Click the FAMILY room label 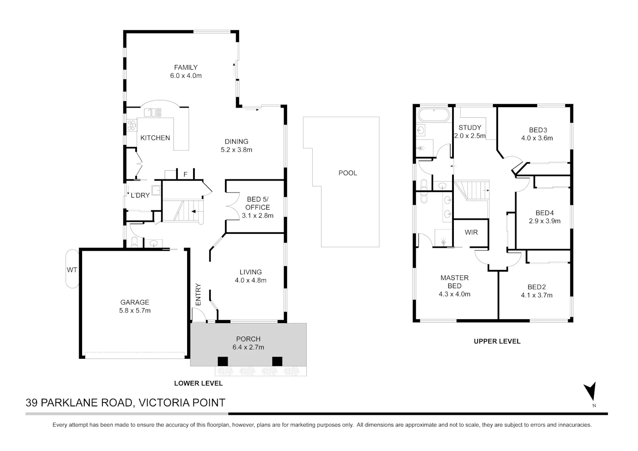click(186, 68)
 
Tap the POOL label click(348, 173)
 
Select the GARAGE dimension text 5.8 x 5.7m click(135, 310)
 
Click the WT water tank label click(72, 269)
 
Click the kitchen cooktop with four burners click(131, 125)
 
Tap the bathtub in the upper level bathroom click(433, 115)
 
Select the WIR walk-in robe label click(471, 232)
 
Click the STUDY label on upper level click(470, 127)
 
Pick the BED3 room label click(538, 130)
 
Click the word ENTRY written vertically click(198, 295)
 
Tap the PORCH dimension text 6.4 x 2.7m click(248, 347)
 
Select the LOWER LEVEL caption click(199, 383)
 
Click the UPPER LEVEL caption click(497, 341)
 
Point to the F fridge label click(185, 174)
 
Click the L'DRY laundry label click(140, 195)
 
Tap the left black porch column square click(223, 361)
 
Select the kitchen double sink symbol click(153, 113)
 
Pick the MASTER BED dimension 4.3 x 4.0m click(455, 294)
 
